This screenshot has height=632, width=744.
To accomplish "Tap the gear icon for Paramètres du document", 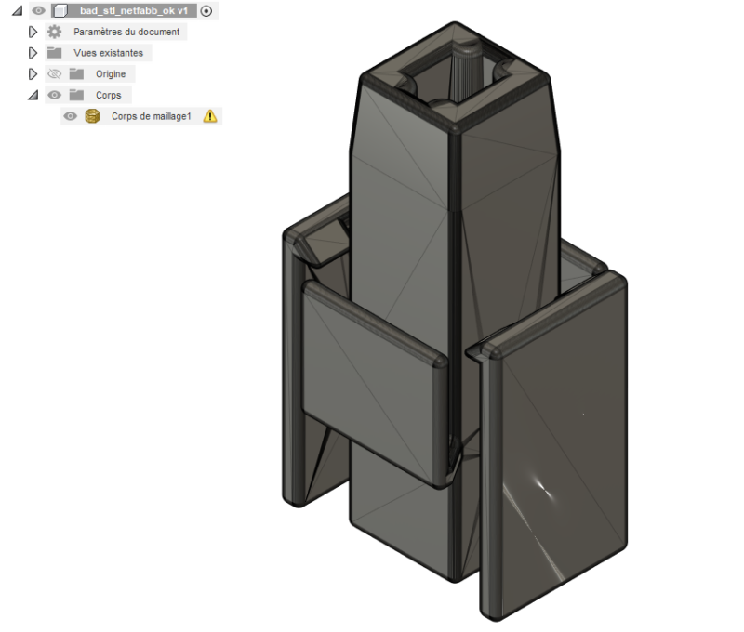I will [54, 32].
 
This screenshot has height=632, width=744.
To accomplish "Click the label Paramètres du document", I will [126, 32].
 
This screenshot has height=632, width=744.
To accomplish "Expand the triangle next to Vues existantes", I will [33, 53].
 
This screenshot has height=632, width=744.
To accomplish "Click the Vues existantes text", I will [109, 53].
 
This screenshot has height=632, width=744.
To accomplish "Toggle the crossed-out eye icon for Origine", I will [54, 73].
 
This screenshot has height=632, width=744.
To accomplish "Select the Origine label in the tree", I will [111, 73].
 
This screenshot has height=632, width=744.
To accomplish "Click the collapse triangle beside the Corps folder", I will [33, 95].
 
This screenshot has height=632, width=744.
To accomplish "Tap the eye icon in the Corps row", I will [54, 95].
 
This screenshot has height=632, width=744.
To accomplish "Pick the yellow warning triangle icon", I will [210, 116].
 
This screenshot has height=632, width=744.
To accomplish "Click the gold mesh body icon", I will [92, 116].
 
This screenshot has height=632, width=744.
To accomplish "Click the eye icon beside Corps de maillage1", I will [70, 116].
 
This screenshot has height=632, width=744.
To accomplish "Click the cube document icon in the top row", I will [60, 11].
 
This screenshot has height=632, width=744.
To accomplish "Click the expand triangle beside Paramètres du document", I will [33, 32].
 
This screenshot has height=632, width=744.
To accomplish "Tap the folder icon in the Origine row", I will [76, 73].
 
